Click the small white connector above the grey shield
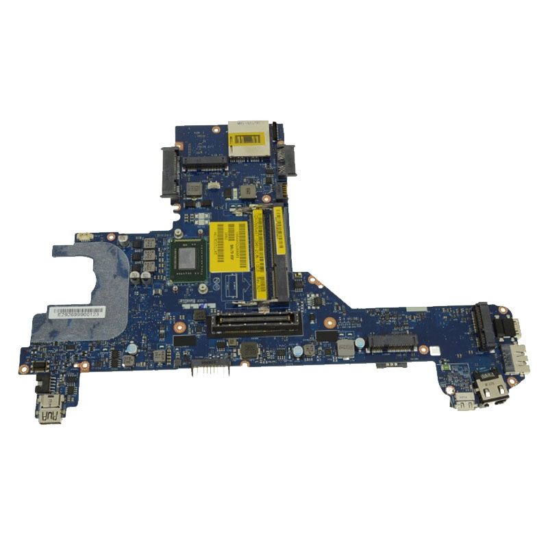tap(85, 237)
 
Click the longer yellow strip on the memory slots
tap(259, 253)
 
